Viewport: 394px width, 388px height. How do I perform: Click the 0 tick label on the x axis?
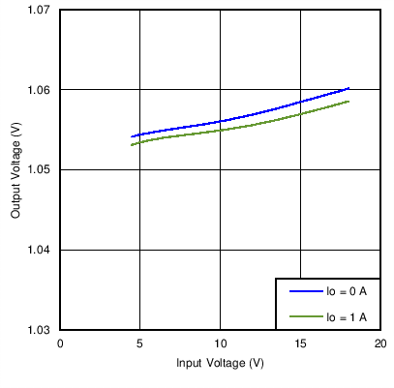[x=60, y=343]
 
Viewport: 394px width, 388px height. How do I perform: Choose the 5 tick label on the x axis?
[x=140, y=343]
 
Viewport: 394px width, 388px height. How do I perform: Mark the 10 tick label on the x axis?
[x=220, y=343]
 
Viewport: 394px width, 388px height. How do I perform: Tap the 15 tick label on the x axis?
[x=300, y=343]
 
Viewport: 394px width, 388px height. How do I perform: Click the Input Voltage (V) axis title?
[x=220, y=363]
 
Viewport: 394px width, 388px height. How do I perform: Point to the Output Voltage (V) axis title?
[x=15, y=170]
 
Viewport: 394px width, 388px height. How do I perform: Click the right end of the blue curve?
[x=349, y=88]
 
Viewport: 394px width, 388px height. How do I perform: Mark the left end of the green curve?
[x=132, y=145]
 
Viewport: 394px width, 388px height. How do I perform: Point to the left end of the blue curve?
[x=132, y=136]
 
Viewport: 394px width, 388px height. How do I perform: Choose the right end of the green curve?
[x=349, y=101]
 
